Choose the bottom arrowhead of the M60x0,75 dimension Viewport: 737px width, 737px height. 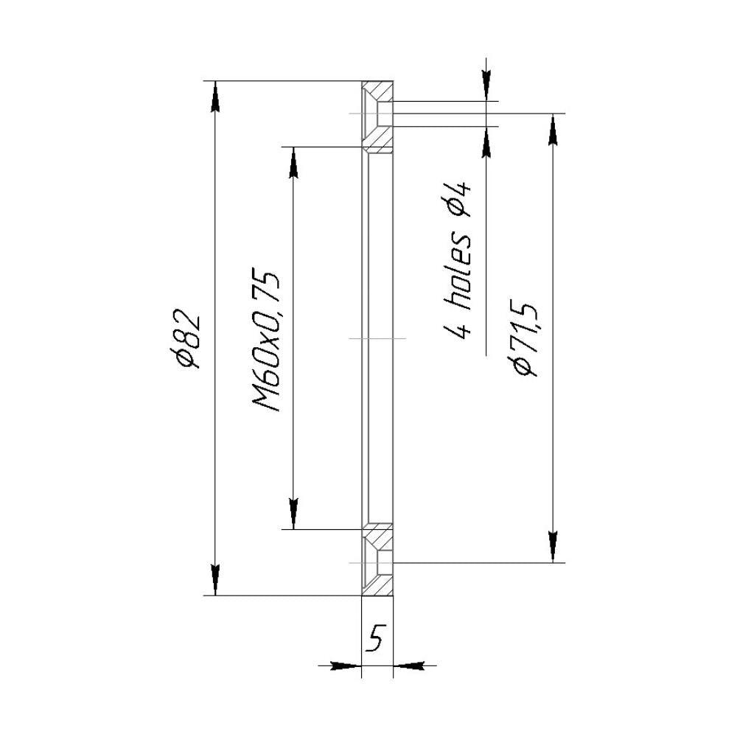(293, 514)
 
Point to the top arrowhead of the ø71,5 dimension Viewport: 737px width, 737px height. (553, 129)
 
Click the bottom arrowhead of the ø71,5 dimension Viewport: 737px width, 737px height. (553, 547)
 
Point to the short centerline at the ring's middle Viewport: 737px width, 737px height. (377, 338)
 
